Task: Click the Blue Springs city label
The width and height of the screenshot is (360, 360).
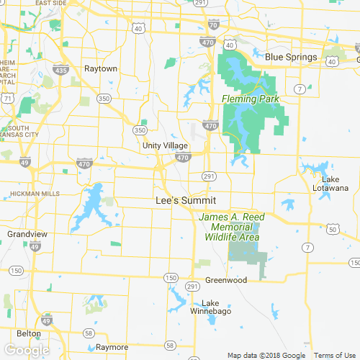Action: pos(291,58)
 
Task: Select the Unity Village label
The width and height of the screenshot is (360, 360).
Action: pos(165,145)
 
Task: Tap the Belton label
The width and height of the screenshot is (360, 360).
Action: pos(29,333)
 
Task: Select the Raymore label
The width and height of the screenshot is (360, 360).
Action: pos(111,346)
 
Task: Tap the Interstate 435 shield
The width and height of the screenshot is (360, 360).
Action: pos(61,71)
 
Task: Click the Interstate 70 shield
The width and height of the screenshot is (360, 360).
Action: pos(212,24)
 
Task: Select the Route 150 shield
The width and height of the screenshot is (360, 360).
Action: pos(170,277)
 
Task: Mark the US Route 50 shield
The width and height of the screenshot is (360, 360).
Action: pos(331,229)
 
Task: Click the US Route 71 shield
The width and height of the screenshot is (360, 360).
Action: pos(6,96)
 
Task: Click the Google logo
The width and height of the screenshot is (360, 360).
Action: pos(27,351)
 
